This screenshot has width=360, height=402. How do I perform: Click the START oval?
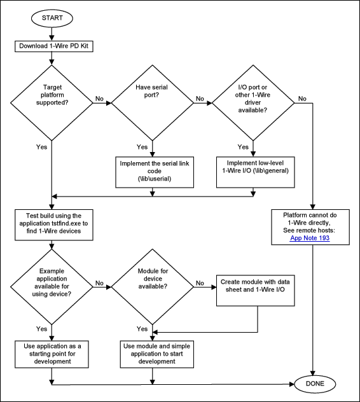click(52, 17)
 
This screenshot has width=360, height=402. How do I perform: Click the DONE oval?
click(314, 384)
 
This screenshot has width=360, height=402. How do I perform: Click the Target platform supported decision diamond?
click(52, 99)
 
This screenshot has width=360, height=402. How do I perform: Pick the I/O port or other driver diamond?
click(253, 99)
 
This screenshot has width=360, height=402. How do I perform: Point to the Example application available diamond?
click(52, 282)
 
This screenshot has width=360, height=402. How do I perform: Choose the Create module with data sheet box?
click(258, 287)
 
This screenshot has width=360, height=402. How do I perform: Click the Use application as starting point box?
click(52, 352)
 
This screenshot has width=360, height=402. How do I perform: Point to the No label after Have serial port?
click(200, 99)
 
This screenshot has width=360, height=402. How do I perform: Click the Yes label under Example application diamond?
click(41, 329)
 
